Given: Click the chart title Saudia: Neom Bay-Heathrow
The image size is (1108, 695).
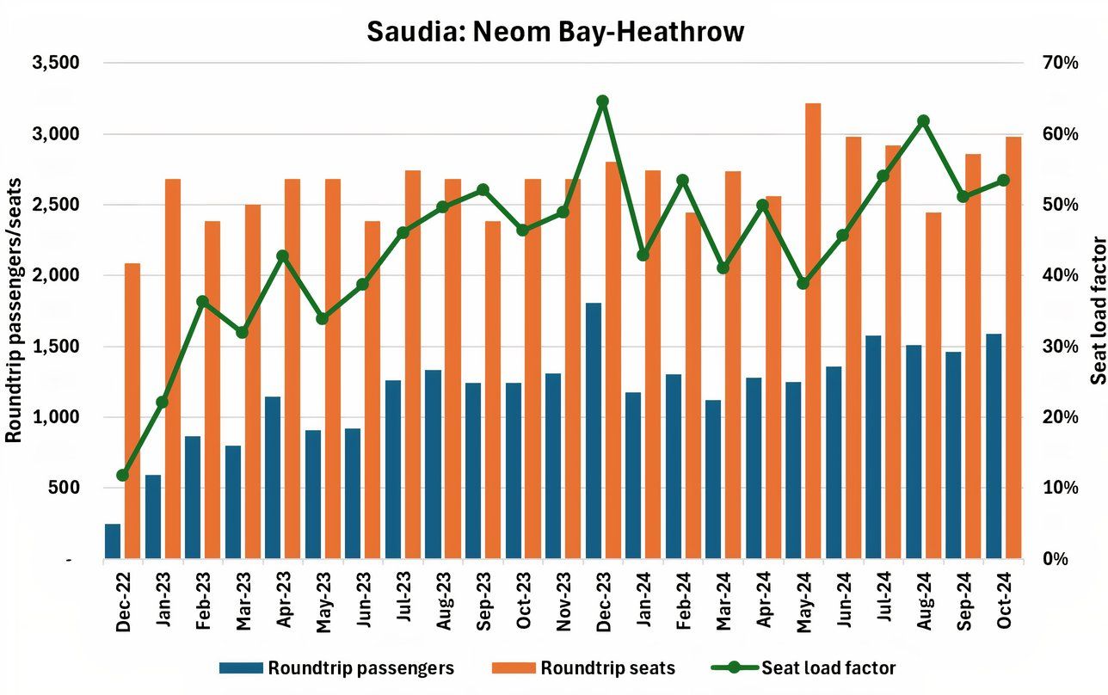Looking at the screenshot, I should tap(555, 32).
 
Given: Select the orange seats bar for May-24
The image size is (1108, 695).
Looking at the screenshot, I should tap(813, 331).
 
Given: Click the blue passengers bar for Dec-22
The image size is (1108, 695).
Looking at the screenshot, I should tap(113, 541).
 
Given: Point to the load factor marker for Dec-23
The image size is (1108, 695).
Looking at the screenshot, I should tap(602, 101).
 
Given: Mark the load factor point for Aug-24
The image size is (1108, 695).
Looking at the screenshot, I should tap(923, 121).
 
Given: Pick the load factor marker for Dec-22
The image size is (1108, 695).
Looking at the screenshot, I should tap(122, 475).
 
